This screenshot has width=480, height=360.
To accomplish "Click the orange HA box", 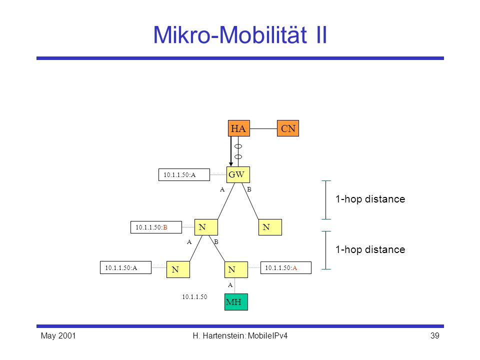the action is (x=239, y=128).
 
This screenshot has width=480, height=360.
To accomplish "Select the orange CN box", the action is (x=288, y=128).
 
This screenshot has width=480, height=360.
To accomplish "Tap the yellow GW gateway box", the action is (x=238, y=175).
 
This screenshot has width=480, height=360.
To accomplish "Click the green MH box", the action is (x=236, y=302).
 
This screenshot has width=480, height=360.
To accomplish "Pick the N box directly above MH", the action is (x=236, y=269).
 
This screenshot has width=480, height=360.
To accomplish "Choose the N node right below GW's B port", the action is (x=270, y=227).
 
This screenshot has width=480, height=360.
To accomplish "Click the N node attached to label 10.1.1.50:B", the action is (x=206, y=227).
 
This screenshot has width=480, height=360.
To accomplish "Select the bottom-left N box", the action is (x=178, y=269).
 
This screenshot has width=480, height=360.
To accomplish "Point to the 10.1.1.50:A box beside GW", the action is (x=184, y=175).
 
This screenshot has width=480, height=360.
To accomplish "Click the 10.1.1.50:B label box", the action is (x=156, y=227).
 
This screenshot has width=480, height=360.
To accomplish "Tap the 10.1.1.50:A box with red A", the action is (x=286, y=268).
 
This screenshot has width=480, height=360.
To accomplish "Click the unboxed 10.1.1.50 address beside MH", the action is (x=194, y=296).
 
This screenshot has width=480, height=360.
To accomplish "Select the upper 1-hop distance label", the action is (x=370, y=199).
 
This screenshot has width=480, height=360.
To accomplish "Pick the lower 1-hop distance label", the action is (x=370, y=249).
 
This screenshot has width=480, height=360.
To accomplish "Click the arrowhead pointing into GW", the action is (x=231, y=164).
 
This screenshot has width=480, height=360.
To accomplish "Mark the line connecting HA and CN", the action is (x=263, y=128).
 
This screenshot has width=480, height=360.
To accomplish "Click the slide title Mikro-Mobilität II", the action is (x=240, y=34).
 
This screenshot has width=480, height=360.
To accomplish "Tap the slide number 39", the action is (x=434, y=336).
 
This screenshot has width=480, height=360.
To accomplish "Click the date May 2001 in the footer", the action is (x=58, y=336).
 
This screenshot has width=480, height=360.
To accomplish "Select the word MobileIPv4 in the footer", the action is (x=267, y=336).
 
